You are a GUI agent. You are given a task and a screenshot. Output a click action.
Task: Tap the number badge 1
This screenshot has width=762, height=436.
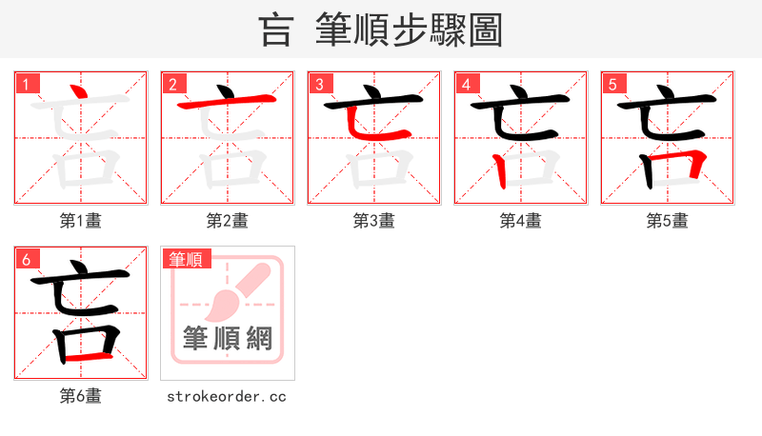pos(26,84)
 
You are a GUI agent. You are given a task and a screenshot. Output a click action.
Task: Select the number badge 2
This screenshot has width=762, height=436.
pos(172,84)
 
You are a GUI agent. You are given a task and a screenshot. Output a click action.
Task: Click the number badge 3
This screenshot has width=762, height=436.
pos(319,84)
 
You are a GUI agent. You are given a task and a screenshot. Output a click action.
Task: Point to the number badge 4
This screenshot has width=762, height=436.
pos(466,84)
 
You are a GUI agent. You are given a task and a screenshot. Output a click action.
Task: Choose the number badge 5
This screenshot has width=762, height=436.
pos(612,84)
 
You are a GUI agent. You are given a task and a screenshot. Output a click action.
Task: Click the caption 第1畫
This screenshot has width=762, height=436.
pos(81,221)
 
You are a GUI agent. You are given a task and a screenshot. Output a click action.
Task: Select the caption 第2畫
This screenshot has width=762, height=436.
pos(228,221)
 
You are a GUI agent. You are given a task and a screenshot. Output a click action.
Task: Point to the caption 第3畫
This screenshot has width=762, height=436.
pos(374,221)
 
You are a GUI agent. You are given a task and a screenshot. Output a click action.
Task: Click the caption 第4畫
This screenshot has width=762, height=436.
pos(521,221)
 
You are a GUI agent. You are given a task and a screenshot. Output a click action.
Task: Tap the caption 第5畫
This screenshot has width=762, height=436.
pos(668,221)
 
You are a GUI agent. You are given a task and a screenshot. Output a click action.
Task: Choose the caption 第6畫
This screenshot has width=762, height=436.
pos(81,396)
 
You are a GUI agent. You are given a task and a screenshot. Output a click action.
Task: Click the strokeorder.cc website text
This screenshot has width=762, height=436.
pos(228,396)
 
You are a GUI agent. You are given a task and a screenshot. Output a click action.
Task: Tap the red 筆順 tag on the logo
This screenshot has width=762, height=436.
pos(187,259)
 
